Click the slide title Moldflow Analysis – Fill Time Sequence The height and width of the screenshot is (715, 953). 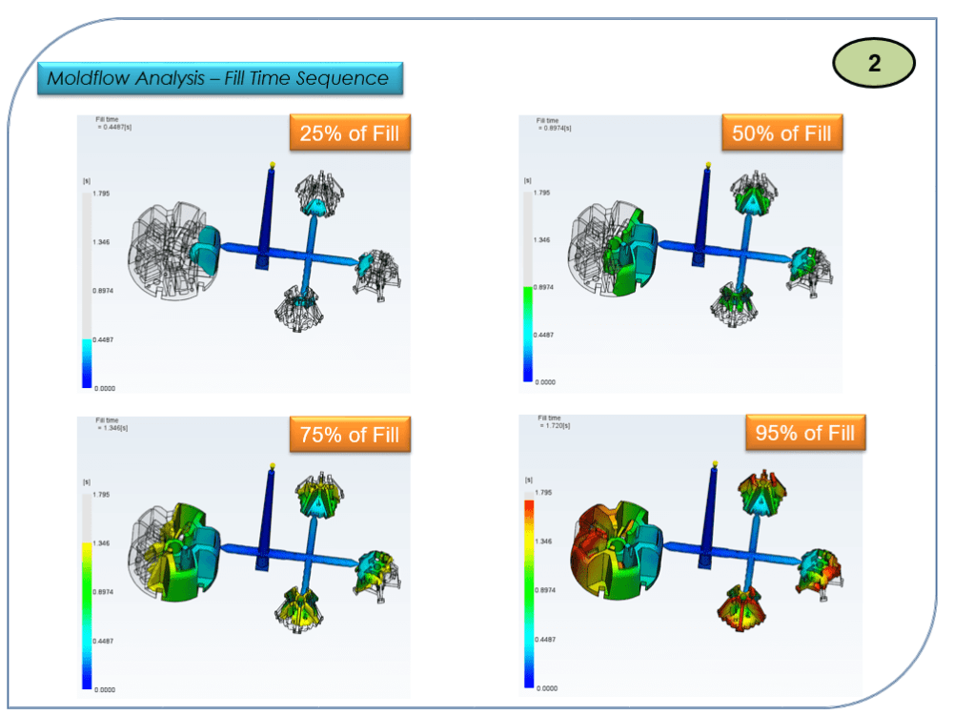point(220,78)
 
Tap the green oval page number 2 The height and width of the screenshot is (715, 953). point(874,64)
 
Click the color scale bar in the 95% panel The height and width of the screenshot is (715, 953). point(528,590)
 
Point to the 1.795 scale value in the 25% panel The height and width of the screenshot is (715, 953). point(102,193)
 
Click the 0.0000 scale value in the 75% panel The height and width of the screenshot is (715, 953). point(104,688)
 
